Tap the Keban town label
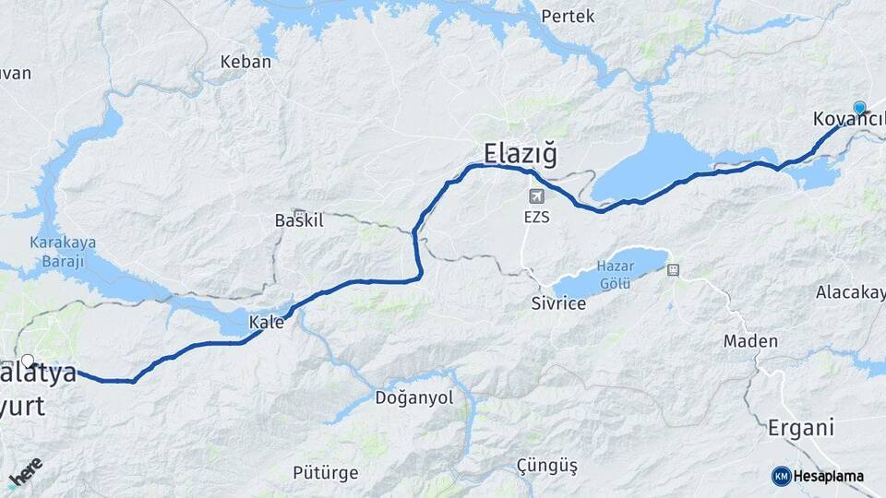point(245,62)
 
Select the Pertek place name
point(568,16)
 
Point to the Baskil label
point(296,220)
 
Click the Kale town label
point(266,322)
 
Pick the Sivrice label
point(558,302)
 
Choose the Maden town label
point(749,340)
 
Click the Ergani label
point(800,428)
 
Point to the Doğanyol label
point(414,397)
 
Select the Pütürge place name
point(325,473)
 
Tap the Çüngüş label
point(546,466)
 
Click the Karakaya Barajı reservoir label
point(56,252)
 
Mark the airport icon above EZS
point(536,196)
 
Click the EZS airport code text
point(536,218)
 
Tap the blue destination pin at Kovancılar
point(860,108)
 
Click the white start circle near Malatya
point(28,362)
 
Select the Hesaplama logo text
point(827,476)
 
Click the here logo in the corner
point(25,473)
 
